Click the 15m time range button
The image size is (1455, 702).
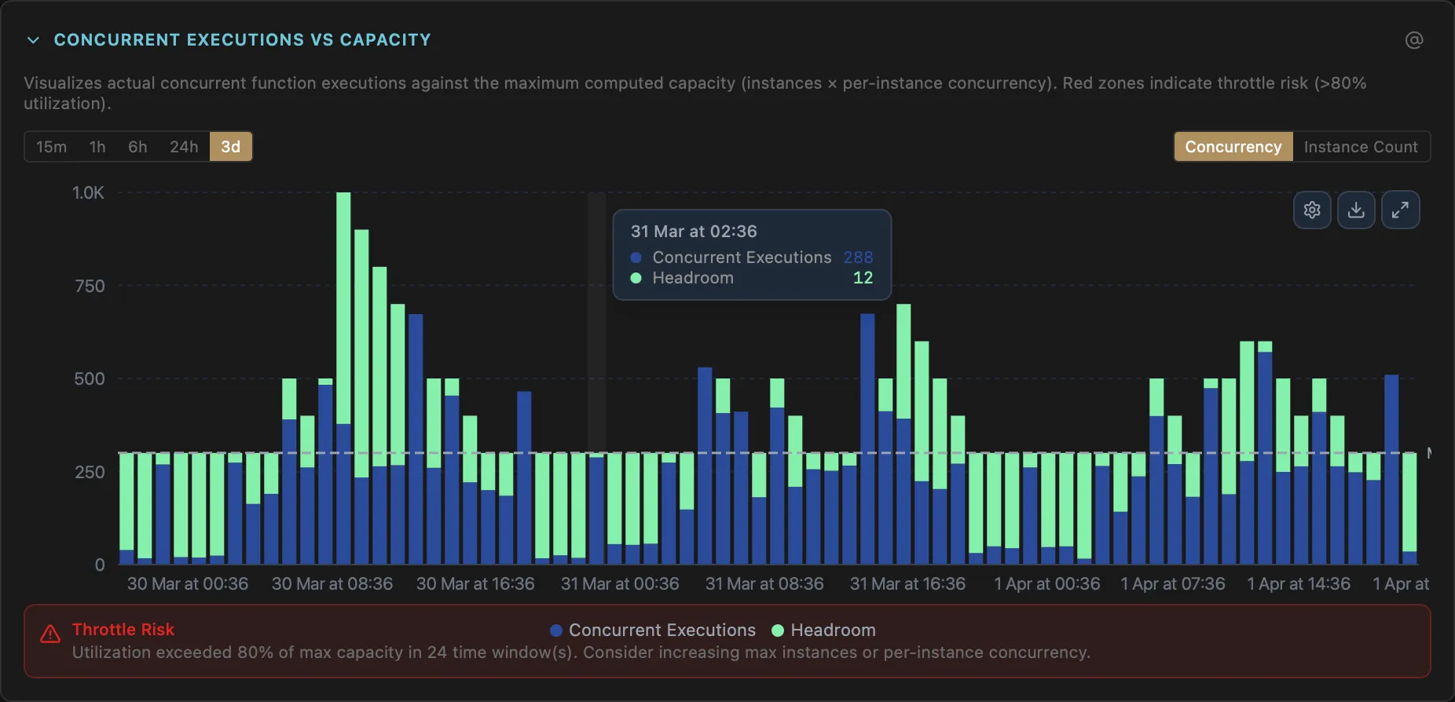click(x=51, y=147)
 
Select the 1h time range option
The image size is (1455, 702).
click(x=97, y=147)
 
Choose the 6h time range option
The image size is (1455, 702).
click(x=137, y=147)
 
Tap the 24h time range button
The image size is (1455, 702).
click(x=184, y=147)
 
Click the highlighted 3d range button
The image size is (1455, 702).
click(x=231, y=147)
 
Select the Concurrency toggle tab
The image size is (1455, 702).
click(x=1233, y=147)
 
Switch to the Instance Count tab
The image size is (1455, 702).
click(x=1361, y=147)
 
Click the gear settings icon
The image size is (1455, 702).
click(x=1312, y=210)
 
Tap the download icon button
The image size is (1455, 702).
click(x=1356, y=210)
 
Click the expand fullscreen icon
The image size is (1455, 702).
click(x=1400, y=210)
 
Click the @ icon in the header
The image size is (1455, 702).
click(x=1414, y=40)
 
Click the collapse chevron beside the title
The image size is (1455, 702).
click(x=33, y=40)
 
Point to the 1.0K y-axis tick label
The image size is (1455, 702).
click(x=88, y=193)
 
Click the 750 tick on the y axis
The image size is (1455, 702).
click(x=90, y=287)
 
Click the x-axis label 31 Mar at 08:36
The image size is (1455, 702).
click(x=764, y=584)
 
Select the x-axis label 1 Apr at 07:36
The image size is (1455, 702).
click(x=1172, y=584)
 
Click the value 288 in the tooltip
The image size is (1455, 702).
click(x=858, y=258)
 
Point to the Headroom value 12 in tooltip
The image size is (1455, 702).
click(x=863, y=278)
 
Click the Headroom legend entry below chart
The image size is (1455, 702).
click(x=824, y=631)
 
